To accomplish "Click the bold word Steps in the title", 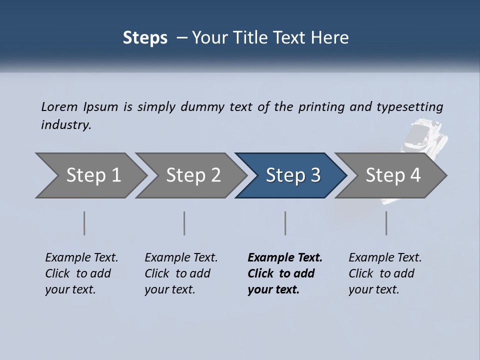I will [145, 38].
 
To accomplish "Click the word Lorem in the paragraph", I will [59, 107].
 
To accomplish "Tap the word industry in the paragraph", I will [65, 125].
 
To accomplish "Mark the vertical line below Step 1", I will [84, 223].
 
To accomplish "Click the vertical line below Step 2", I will [184, 223].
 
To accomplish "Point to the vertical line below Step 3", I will [285, 223].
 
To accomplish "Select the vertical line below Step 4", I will [386, 223].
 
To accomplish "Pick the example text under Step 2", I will [180, 273].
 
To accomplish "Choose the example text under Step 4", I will [384, 273].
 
